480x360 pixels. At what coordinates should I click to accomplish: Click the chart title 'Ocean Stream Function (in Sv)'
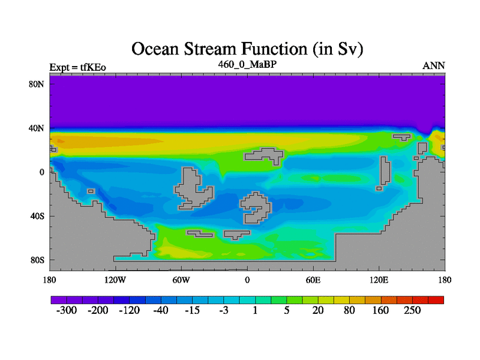247,49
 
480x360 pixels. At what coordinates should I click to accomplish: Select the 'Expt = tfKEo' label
78,67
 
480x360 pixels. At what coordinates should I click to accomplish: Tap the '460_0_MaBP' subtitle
247,64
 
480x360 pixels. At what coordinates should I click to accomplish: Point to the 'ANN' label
434,65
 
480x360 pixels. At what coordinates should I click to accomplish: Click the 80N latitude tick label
37,84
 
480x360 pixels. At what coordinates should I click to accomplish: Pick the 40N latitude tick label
37,128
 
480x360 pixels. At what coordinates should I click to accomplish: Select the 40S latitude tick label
37,216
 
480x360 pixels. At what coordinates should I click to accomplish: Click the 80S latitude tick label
37,260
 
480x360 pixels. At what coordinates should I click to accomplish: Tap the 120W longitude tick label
115,280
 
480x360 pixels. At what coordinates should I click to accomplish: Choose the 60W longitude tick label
181,280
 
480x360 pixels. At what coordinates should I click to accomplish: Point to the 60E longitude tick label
313,280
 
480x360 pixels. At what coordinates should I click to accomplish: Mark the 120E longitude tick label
379,280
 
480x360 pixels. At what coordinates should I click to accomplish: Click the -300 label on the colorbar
67,310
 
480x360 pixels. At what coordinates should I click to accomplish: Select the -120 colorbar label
130,310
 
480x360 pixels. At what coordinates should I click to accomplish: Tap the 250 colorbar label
412,310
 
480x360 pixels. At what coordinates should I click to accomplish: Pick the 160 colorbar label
381,310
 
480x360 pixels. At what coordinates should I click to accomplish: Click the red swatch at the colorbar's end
436,300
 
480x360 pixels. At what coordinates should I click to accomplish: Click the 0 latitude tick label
41,172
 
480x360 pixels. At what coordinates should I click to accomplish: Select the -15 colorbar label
192,310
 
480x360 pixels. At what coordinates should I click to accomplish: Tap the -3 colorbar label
224,310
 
